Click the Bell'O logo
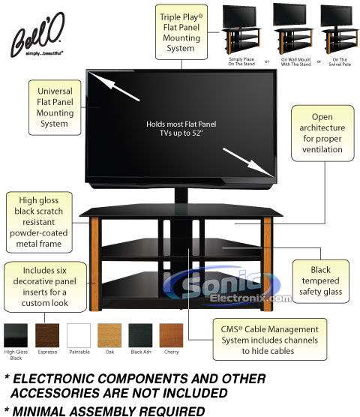37,34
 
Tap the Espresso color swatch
47,335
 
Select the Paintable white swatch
79,335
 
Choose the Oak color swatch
109,335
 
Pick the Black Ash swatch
140,335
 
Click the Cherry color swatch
171,335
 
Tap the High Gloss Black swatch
16,335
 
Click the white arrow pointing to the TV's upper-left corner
114,86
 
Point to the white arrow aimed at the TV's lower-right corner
248,162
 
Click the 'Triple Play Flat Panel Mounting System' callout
181,32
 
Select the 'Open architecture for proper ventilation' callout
322,133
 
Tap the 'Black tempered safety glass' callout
321,281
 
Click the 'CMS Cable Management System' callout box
270,339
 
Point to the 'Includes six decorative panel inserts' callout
45,286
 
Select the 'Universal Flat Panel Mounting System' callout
55,107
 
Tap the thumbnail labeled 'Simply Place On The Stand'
241,29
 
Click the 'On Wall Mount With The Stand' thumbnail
293,29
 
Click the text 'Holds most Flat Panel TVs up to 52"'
181,128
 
